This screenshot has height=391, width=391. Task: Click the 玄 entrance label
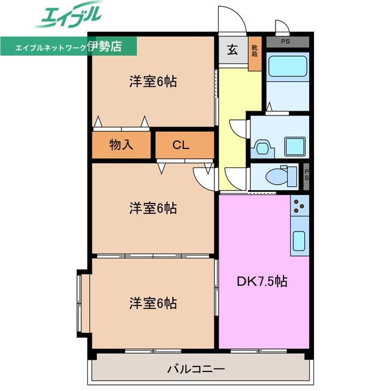pos(233,51)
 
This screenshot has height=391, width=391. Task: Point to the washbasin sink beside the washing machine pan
pos(263,147)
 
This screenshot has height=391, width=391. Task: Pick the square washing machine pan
pos(297,145)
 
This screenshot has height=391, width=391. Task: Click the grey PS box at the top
pos(287,42)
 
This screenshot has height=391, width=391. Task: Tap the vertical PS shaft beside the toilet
pos(306,175)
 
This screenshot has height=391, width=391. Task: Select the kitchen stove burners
pos(299,208)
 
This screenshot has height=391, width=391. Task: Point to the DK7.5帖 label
pos(262,282)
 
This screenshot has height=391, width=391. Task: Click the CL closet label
pos(180,145)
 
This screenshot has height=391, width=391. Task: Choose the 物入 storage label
pos(121,145)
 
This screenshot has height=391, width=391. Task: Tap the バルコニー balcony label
pos(195,369)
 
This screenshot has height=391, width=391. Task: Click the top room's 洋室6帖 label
pos(153,81)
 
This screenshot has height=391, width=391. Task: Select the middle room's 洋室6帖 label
pos(153,208)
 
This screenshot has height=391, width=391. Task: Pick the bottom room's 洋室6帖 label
pos(153,303)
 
